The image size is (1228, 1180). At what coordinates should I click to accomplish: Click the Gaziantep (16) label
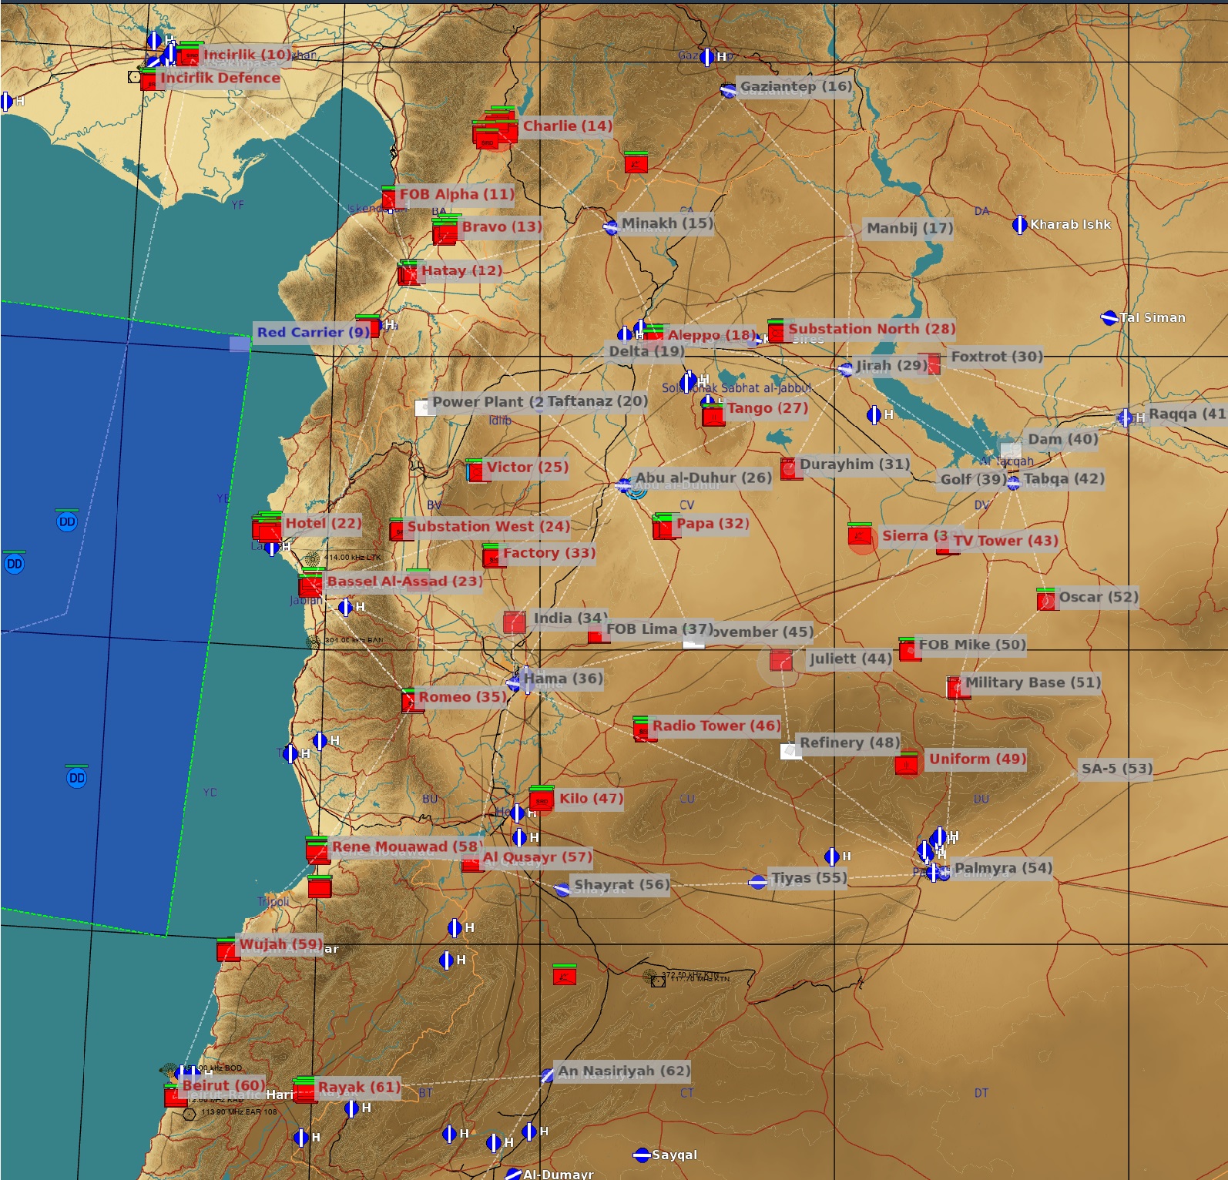796,86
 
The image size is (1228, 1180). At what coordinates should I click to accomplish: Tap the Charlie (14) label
567,126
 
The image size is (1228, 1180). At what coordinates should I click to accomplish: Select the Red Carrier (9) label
313,332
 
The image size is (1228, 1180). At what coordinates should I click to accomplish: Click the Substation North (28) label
871,329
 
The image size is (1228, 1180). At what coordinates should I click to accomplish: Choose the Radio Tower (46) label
716,726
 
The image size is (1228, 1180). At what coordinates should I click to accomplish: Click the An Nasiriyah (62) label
623,1071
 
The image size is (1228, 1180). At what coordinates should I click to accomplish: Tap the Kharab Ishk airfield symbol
1019,225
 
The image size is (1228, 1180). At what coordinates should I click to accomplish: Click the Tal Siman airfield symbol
1109,317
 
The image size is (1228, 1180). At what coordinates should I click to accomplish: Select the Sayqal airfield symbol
642,1155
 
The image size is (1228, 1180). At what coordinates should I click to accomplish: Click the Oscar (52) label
1098,597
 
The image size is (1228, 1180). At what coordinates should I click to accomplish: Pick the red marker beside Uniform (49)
907,763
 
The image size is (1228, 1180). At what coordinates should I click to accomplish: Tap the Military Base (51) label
1032,682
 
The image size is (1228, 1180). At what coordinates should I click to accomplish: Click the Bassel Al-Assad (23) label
404,582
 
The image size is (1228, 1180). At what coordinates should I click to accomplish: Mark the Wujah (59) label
281,944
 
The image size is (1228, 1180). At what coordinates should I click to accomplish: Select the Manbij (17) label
909,228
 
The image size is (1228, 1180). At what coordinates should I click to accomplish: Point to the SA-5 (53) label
1116,769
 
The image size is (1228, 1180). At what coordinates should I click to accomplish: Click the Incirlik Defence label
220,78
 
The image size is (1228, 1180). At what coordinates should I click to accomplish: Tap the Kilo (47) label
591,799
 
